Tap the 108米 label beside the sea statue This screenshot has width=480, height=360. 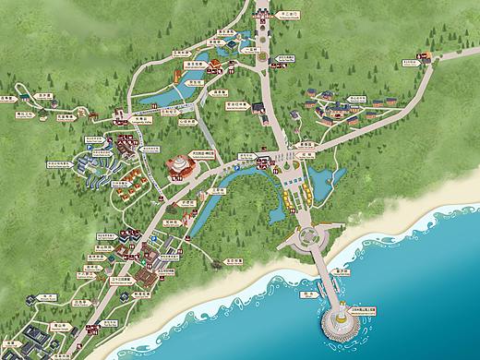pos(375,309)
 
